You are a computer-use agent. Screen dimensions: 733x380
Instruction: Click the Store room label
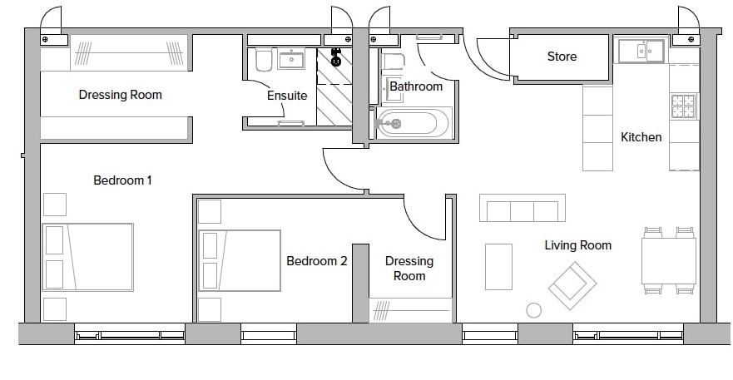pos(562,57)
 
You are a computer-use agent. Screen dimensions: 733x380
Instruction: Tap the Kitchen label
pos(641,137)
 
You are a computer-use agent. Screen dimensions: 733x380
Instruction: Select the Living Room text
pos(577,245)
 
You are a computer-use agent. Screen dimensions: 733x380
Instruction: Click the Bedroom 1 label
pos(122,180)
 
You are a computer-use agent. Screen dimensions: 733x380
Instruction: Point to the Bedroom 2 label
pos(317,261)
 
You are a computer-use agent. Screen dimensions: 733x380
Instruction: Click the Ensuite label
pos(287,96)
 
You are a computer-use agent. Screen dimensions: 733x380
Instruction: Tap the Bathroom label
pos(416,86)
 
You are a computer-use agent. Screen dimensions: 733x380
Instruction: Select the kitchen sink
pos(641,51)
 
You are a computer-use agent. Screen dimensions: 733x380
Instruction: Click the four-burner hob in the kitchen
pos(683,106)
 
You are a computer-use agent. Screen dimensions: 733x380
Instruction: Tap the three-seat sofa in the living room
pos(523,208)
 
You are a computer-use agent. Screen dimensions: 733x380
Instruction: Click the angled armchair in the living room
pos(572,285)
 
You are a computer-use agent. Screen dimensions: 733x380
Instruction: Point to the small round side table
pos(533,310)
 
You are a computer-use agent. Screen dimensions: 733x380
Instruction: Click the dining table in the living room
pos(669,261)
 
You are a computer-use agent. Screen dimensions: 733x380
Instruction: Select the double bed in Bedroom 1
pos(88,257)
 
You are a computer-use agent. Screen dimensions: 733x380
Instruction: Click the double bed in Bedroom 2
pos(240,260)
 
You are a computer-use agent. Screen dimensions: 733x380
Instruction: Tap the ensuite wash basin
pos(291,59)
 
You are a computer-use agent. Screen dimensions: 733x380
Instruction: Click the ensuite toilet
pos(264,60)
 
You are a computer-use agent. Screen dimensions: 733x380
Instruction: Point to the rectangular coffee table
pos(498,267)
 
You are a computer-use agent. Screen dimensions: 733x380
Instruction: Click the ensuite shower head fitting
pos(335,57)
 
